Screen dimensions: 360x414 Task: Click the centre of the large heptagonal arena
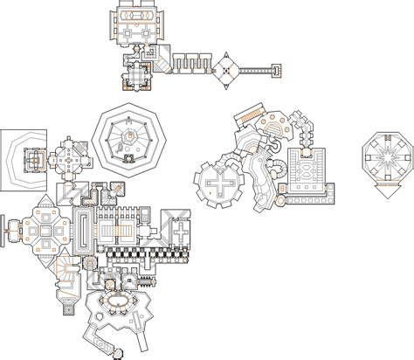(128, 136)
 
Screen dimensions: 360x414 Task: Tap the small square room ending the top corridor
(277, 69)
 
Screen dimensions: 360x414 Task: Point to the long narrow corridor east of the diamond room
(255, 68)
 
